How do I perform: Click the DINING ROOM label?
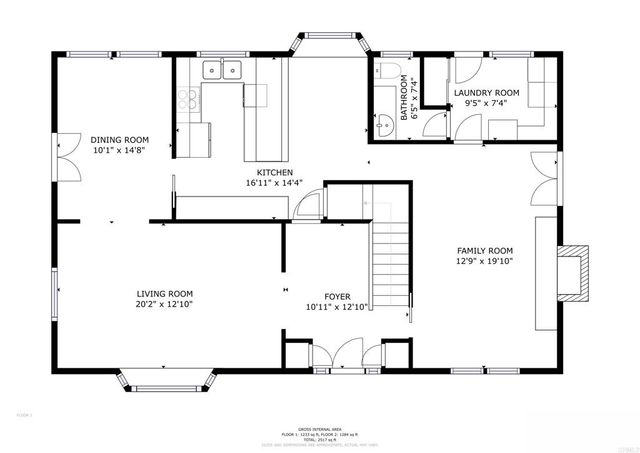[x=119, y=140]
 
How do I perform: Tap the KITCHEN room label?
[x=273, y=172]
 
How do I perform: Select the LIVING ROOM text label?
[x=164, y=293]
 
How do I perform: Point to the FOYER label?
[x=336, y=297]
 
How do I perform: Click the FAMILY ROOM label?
[x=484, y=251]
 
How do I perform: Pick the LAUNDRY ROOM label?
[x=486, y=92]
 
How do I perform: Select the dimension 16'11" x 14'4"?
[x=273, y=183]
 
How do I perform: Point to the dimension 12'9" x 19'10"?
[x=484, y=262]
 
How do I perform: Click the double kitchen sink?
[x=222, y=69]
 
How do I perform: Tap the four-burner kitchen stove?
[x=187, y=99]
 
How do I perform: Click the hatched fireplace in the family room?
[x=574, y=270]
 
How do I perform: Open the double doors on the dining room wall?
[x=65, y=158]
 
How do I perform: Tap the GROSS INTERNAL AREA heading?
[x=320, y=426]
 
